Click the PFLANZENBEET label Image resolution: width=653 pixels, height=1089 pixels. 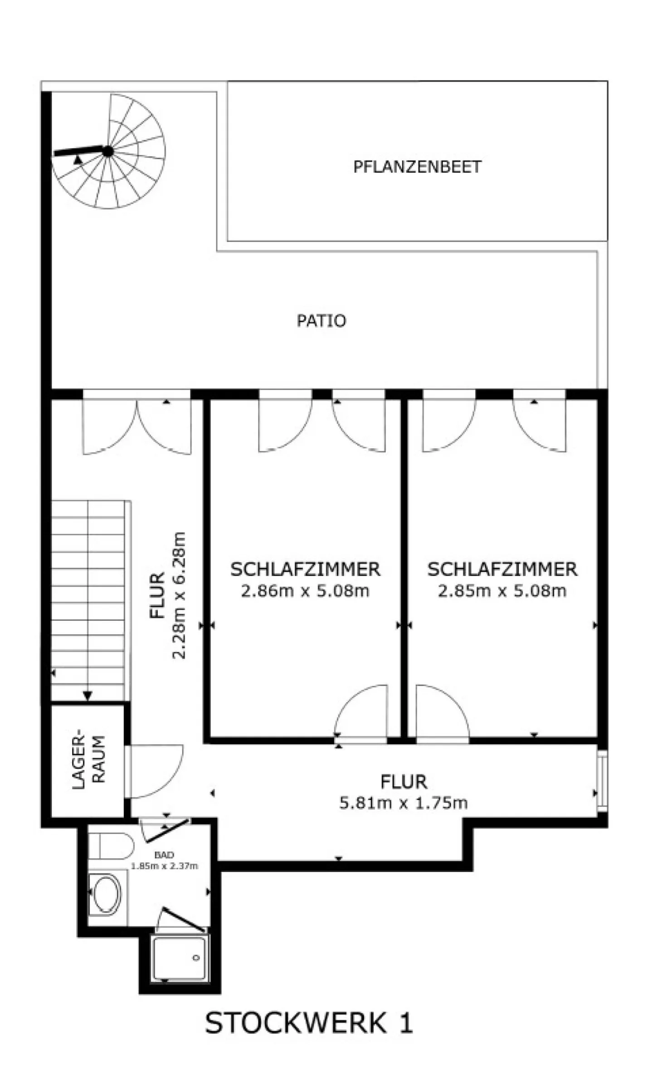coord(417,167)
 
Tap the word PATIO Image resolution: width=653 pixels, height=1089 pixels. coord(321,321)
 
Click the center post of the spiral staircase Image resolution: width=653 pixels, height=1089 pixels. coord(107,152)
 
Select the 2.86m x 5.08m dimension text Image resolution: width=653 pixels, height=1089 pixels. coord(305,591)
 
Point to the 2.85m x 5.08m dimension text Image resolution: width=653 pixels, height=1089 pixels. coord(502,591)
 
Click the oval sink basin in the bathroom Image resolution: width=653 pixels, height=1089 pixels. coord(107,894)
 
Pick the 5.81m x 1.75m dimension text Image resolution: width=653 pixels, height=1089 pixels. coord(403,803)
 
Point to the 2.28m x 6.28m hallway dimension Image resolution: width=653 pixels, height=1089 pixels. coord(179,595)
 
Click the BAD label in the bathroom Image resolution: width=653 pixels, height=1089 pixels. coord(164,855)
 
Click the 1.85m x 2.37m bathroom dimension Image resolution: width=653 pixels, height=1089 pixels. coord(164,866)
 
